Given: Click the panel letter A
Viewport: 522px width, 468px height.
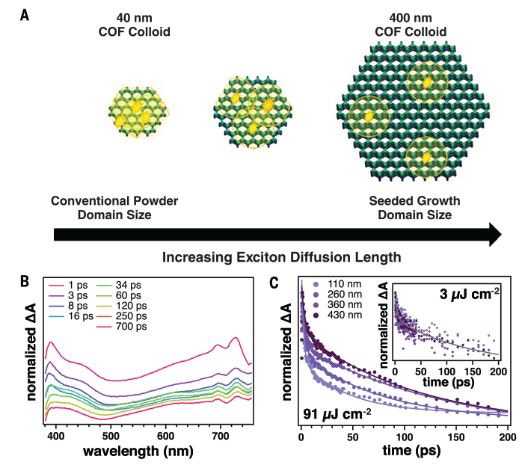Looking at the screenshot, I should [25, 14].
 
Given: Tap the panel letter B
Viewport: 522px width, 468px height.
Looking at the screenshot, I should [25, 282].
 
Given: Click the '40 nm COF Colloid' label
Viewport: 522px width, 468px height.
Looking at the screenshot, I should [136, 24].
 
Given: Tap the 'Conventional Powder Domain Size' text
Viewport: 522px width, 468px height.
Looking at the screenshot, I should [114, 208].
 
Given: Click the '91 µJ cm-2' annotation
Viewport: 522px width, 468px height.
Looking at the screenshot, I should [337, 413].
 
